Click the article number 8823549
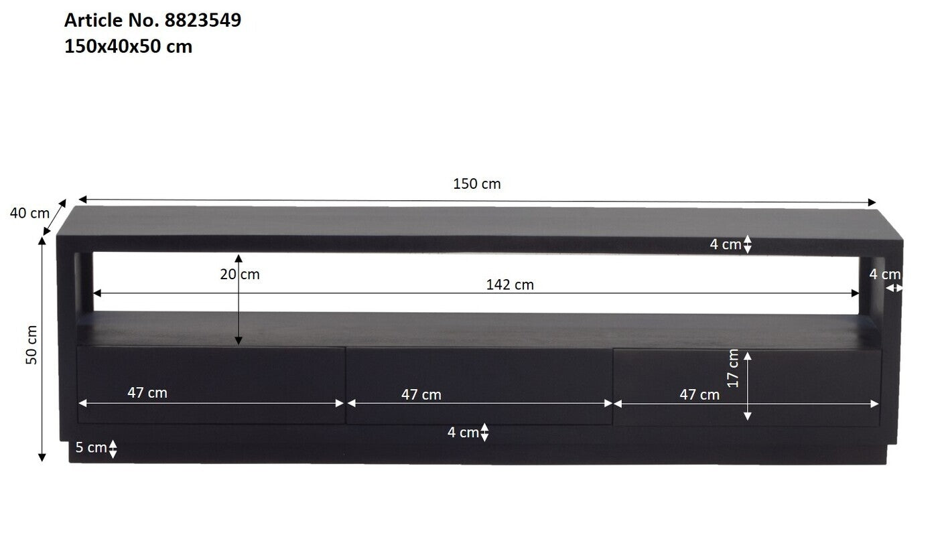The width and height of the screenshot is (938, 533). (x=203, y=20)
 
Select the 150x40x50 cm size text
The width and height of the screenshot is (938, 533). (x=128, y=46)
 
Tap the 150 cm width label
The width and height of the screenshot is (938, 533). (x=476, y=183)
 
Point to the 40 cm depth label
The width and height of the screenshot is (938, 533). (x=29, y=213)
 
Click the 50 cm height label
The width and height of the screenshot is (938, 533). (x=31, y=345)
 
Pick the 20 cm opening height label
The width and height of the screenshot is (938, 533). (x=240, y=274)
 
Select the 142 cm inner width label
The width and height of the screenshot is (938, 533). (x=510, y=285)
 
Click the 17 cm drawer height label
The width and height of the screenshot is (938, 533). (x=733, y=368)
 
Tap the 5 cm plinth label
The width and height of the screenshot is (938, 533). (x=91, y=447)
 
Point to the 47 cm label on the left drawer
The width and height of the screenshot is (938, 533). (x=147, y=392)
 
